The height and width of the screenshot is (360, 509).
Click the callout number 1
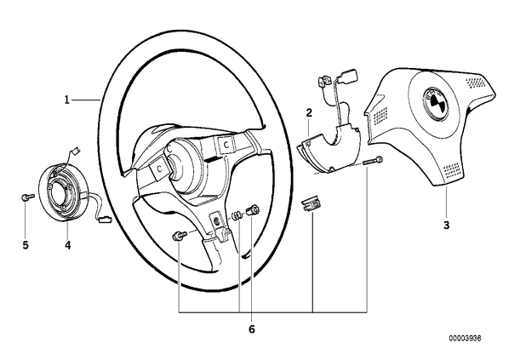(x=67, y=100)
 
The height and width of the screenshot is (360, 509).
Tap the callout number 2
(x=309, y=113)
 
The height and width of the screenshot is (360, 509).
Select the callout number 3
(x=447, y=225)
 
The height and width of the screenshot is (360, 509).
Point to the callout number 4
(x=67, y=245)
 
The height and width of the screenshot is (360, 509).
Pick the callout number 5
(x=26, y=245)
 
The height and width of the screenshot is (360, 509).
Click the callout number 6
(x=252, y=329)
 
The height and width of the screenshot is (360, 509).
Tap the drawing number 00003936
(x=465, y=338)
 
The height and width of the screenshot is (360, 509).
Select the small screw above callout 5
(x=27, y=197)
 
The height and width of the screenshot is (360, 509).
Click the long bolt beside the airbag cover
(x=372, y=161)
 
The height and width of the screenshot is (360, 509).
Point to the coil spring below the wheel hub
(x=237, y=215)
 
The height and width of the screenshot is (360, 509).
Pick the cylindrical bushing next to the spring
(x=253, y=211)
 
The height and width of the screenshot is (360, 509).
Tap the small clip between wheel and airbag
(x=311, y=204)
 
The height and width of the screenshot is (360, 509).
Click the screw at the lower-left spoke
(x=180, y=236)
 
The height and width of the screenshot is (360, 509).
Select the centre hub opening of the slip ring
(x=60, y=192)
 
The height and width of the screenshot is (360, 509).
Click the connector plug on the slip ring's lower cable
(x=105, y=220)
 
